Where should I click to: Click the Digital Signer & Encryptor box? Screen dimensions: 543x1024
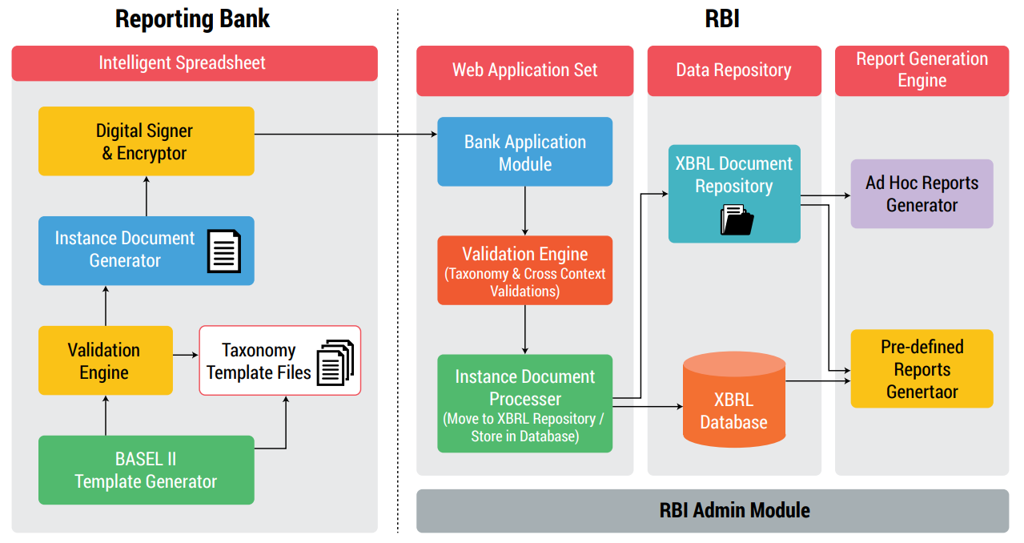coord(146,142)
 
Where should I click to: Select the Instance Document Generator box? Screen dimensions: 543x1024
coord(124,250)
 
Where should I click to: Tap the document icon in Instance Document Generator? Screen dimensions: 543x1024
coord(223,251)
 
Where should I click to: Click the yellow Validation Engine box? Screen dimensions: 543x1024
coord(105,360)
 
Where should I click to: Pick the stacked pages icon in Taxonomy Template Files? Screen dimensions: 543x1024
coord(335,363)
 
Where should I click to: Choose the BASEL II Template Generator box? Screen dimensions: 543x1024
coord(146,470)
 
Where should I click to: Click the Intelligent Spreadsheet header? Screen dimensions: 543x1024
coord(194,62)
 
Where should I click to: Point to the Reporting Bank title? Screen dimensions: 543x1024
coord(192,18)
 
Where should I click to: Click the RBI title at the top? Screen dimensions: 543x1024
coord(721,18)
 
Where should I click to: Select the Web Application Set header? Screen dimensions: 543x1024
coord(524,70)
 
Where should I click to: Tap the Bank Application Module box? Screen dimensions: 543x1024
coord(524,152)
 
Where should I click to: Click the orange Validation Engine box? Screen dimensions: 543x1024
coord(524,271)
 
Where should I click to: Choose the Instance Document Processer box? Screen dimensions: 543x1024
coord(524,404)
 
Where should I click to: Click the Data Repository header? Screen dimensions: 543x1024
coord(733,70)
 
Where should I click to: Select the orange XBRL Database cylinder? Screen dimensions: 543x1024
coord(733,400)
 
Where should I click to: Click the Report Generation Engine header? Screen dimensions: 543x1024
coord(922,70)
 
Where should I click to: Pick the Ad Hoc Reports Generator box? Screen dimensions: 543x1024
coord(922,194)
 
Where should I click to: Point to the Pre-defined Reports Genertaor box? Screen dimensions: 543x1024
coord(922,368)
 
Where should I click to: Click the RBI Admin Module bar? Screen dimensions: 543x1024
coord(712,510)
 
